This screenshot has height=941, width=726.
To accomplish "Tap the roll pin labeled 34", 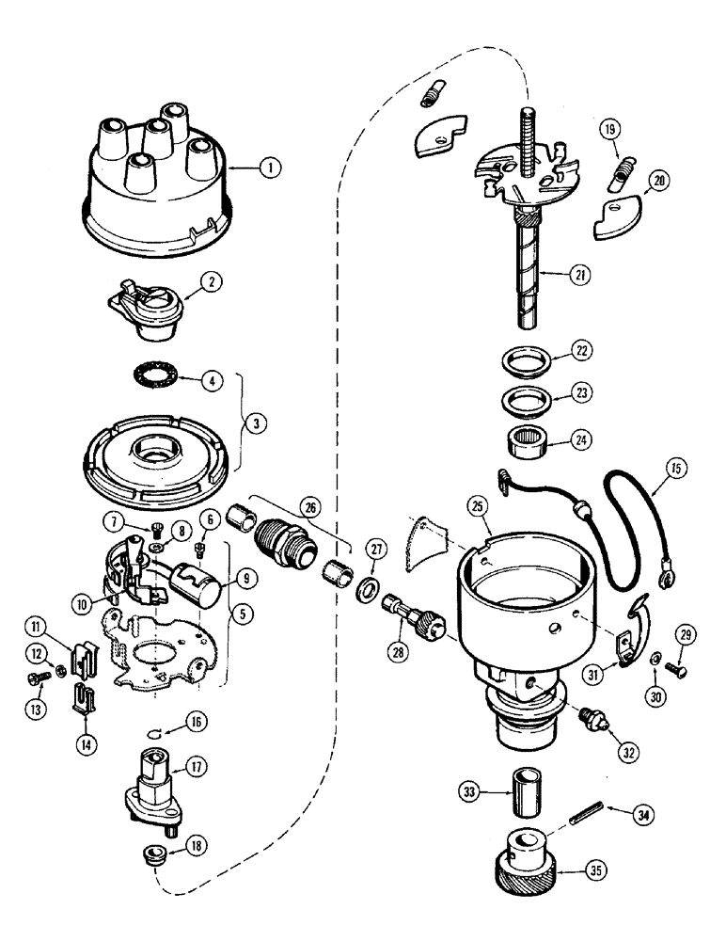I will click(583, 816).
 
